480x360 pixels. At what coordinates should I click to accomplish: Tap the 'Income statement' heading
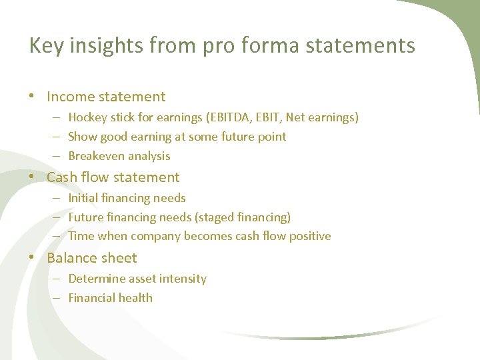106,97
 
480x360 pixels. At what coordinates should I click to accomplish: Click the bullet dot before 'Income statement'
33,97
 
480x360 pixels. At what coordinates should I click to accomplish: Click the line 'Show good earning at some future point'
177,137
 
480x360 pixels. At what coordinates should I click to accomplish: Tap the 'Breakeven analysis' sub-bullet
119,156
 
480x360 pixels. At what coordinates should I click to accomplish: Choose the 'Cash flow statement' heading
113,177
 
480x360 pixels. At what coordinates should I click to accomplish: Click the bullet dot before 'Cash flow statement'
33,177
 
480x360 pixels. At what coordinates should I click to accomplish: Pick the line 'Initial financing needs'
127,198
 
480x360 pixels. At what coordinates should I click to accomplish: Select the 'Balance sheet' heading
91,258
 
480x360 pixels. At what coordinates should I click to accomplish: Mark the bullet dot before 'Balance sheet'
33,258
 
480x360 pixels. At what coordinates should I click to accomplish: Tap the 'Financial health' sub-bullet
110,298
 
